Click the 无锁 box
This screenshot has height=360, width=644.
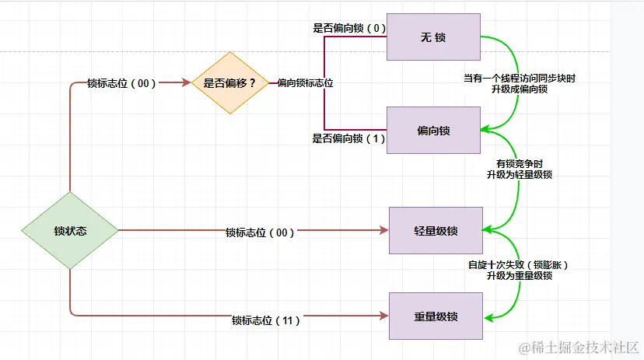click(433, 37)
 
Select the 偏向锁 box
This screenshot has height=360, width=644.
click(433, 130)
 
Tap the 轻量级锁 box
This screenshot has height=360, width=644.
click(436, 230)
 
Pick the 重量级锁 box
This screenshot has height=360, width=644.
click(436, 316)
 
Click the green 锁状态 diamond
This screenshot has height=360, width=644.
click(70, 230)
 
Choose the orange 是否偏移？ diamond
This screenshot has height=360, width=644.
click(229, 82)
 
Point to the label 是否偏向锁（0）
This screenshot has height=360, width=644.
click(349, 28)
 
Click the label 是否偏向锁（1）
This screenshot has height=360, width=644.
click(349, 138)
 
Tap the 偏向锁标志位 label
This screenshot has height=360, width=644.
click(306, 83)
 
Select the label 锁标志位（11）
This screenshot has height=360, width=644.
click(266, 320)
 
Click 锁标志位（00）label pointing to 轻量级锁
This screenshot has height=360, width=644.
click(260, 232)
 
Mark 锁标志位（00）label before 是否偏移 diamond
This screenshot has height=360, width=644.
click(122, 83)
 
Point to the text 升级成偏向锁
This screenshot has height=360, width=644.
click(520, 90)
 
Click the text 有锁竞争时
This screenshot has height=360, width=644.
click(519, 164)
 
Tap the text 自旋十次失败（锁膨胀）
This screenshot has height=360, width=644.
click(519, 265)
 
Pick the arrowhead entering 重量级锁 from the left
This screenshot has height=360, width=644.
click(383, 316)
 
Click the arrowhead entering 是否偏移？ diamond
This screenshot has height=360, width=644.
click(187, 82)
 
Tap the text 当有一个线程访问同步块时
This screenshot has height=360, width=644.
click(520, 79)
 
